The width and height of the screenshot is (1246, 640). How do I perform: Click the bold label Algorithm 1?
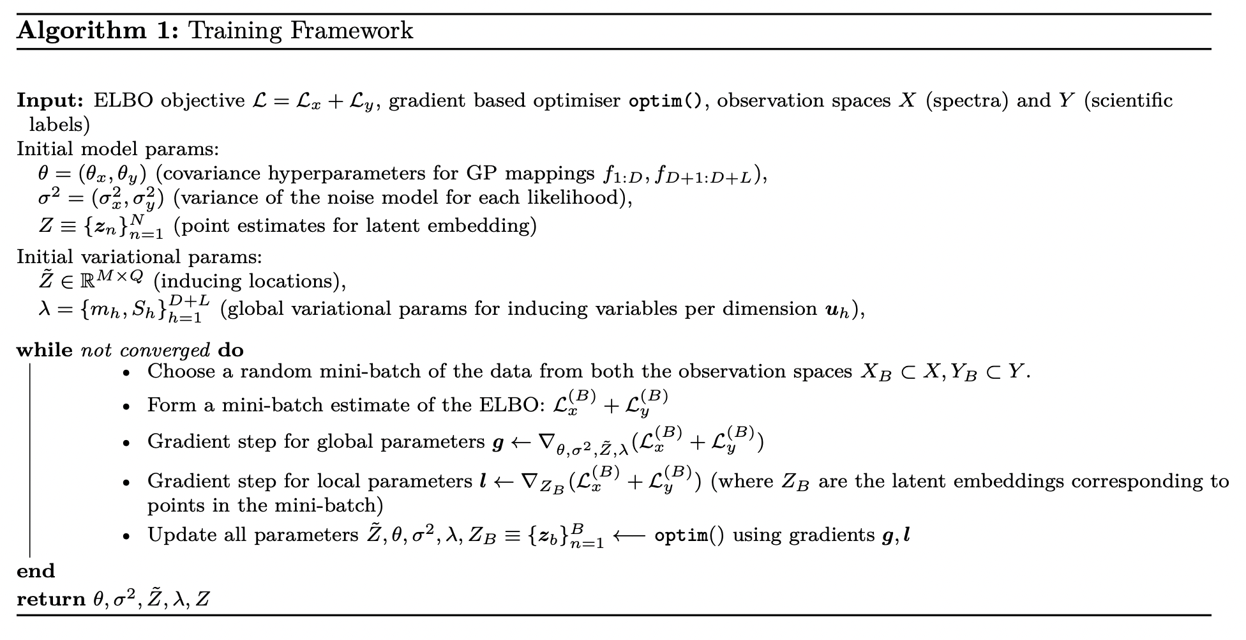tap(98, 31)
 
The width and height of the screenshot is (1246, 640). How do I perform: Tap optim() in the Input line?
tap(665, 101)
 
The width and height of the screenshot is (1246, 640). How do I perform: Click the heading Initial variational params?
tap(139, 257)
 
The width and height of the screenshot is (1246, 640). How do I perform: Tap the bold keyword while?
tap(45, 350)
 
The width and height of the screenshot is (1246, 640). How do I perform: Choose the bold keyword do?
tap(230, 350)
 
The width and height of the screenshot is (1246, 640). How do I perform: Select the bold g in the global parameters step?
tap(498, 443)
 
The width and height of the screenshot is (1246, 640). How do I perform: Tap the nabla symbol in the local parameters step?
tap(529, 480)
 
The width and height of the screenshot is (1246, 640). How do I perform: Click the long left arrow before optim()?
tap(630, 535)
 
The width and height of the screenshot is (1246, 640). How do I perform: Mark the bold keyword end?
tap(36, 571)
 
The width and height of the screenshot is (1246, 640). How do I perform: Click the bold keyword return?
tap(51, 600)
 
